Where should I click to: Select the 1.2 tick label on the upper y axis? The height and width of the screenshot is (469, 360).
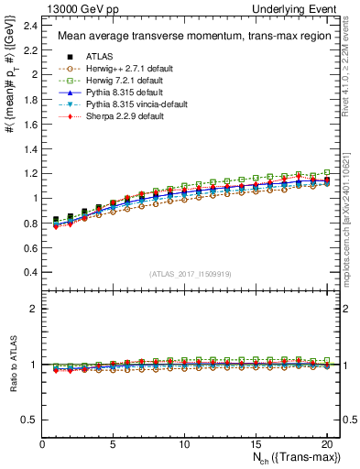pos(31,173)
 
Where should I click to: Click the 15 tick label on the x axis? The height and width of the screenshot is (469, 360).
pos(255,446)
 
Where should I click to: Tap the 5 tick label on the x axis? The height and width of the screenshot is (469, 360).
pos(113,446)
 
